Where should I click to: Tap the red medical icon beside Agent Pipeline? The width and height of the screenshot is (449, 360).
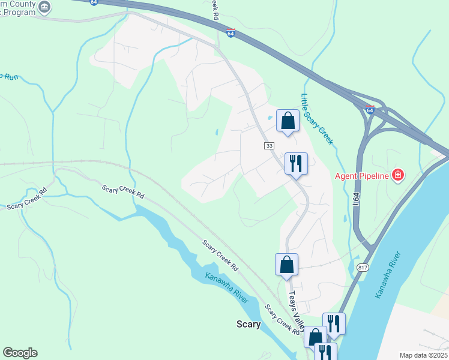pyautogui.click(x=397, y=176)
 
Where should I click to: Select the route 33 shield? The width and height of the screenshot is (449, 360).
pyautogui.click(x=268, y=146)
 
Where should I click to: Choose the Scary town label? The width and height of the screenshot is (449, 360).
pyautogui.click(x=248, y=325)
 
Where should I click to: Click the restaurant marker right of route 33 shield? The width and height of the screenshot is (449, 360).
pyautogui.click(x=296, y=163)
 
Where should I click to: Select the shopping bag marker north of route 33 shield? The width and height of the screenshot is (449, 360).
pyautogui.click(x=288, y=121)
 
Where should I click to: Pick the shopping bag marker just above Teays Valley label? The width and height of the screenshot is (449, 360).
pyautogui.click(x=286, y=264)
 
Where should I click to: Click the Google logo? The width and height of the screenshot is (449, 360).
pyautogui.click(x=20, y=353)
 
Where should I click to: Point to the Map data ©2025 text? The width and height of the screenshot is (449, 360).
pyautogui.click(x=423, y=355)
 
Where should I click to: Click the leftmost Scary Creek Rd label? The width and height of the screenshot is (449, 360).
pyautogui.click(x=26, y=203)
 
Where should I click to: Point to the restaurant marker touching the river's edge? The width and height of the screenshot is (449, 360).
pyautogui.click(x=334, y=324)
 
